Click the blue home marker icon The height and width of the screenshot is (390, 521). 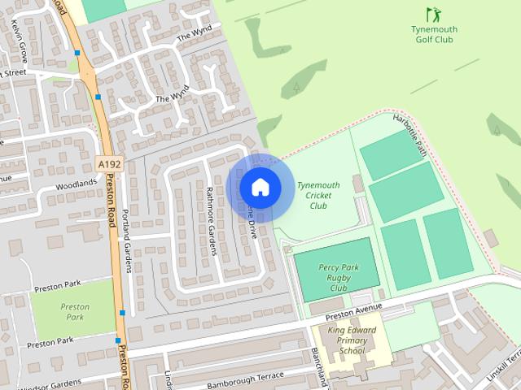tap(260, 187)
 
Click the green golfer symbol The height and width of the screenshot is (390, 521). tap(432, 14)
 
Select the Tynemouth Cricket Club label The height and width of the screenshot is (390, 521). tap(318, 195)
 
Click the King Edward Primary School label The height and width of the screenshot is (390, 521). tap(352, 340)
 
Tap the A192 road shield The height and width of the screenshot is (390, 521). tap(107, 163)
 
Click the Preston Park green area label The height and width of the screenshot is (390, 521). tap(75, 312)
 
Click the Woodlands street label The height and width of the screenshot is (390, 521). tap(77, 184)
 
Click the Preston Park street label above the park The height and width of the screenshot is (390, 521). tap(59, 286)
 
